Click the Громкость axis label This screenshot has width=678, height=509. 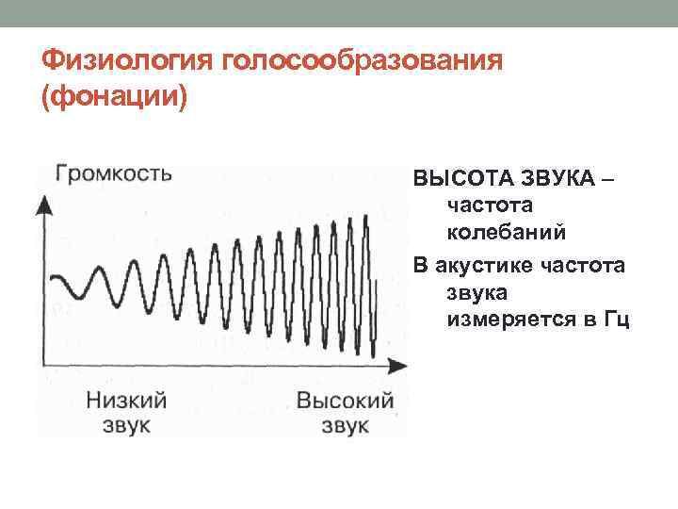pos(114,173)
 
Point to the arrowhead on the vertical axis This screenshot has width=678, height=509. pos(42,202)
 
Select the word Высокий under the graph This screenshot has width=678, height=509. pos(345,400)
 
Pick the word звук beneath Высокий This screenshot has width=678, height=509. pos(345,425)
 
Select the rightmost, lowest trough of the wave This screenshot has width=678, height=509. pos(374,355)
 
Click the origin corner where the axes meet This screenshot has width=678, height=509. pos(43,363)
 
